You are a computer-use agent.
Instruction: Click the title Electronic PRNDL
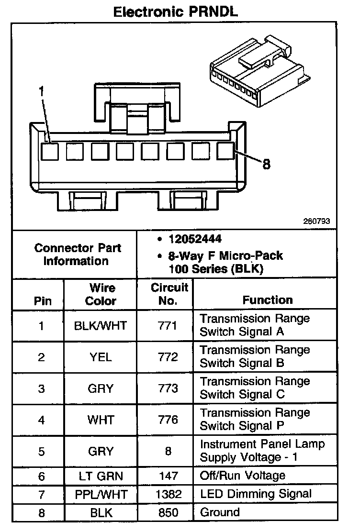point(176,12)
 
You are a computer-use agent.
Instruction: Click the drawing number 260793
point(316,222)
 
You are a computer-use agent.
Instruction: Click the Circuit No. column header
point(170,294)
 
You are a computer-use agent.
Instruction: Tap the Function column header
point(268,300)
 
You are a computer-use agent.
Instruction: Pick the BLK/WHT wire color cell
point(101,326)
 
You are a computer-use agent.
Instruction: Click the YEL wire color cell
point(101,357)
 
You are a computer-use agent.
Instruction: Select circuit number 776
point(168,420)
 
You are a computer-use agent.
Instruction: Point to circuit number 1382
point(168,494)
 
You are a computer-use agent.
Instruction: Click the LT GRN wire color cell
point(101,476)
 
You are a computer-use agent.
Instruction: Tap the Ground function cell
point(220,512)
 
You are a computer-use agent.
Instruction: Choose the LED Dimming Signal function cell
point(256,494)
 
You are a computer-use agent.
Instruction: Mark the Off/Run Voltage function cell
point(242,475)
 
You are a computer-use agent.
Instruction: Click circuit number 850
point(168,513)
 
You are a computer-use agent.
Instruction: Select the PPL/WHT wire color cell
point(101,494)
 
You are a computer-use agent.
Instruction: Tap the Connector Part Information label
point(78,255)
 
